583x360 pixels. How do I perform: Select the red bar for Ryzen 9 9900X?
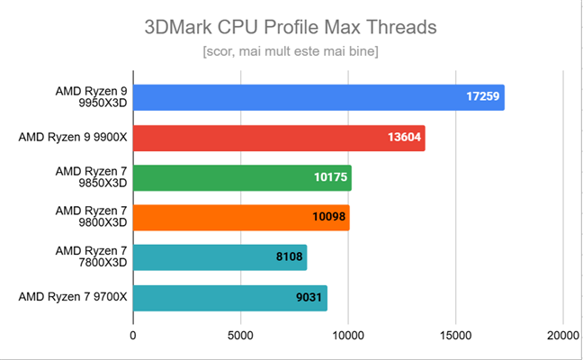tap(279, 138)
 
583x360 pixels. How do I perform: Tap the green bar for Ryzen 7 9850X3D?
tap(242, 177)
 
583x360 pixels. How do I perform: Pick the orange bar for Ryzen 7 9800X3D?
tap(241, 218)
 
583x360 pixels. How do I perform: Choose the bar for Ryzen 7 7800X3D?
tap(220, 257)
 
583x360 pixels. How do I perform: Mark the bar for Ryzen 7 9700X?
tap(229, 298)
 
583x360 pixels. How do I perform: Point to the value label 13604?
tap(402, 138)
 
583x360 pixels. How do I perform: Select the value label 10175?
tap(328, 177)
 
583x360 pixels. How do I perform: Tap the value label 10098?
tap(327, 218)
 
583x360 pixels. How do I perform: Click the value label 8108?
tap(288, 257)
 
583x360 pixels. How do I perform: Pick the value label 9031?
tap(307, 298)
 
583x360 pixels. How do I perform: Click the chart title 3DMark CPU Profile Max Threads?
tap(291, 27)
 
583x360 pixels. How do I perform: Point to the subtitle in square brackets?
tap(291, 51)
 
